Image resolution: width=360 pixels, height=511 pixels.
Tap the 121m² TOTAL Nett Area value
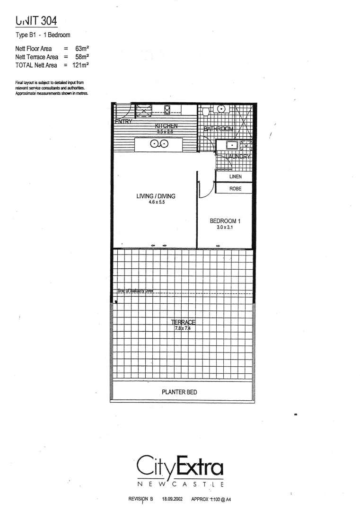81,65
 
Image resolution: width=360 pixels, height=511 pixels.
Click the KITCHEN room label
166,126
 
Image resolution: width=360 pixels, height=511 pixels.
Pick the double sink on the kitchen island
159,144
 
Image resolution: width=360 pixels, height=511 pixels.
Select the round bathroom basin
221,109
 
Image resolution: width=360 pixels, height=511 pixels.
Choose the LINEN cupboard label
235,176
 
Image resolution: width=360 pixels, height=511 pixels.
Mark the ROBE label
235,188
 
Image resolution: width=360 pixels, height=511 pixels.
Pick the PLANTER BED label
179,392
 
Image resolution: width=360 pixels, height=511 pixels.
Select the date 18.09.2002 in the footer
172,499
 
